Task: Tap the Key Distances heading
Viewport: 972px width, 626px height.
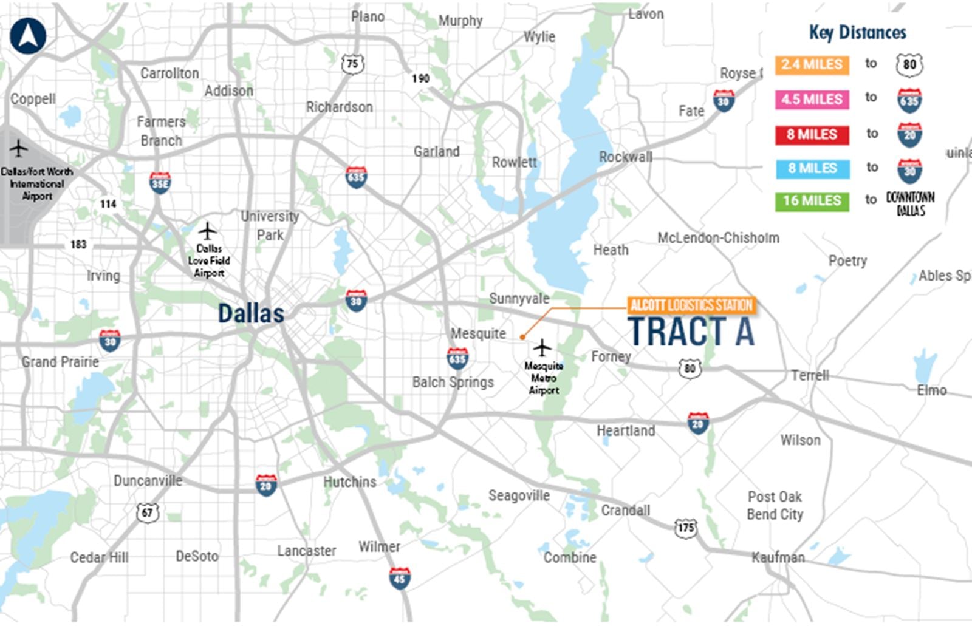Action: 857,33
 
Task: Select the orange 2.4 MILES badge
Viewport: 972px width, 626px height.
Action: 812,64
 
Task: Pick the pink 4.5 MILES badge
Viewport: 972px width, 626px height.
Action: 812,99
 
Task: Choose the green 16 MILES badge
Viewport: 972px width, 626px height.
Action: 812,201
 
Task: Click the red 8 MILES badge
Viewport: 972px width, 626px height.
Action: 812,134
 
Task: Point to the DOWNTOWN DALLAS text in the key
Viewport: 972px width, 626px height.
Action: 910,204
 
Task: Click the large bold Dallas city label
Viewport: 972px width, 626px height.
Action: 251,314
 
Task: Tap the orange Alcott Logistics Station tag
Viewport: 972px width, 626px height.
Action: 691,305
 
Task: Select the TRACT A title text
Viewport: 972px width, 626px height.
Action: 691,332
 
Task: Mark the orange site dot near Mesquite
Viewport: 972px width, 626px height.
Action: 522,337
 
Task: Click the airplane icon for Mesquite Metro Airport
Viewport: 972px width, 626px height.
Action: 542,349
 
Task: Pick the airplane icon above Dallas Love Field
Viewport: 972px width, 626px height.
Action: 208,231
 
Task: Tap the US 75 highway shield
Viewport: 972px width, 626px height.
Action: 353,64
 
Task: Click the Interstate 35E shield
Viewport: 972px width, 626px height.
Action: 160,183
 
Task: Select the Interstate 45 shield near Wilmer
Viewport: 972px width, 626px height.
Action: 399,578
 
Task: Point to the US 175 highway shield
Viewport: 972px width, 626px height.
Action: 686,528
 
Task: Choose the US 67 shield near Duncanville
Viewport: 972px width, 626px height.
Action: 148,512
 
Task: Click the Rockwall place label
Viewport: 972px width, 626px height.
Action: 625,157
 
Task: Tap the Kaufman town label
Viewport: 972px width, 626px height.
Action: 778,557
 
